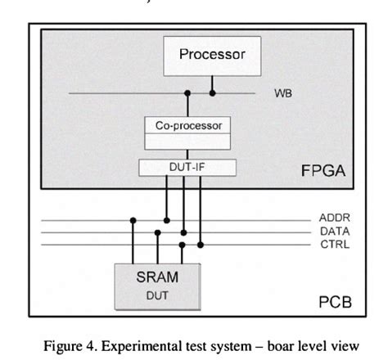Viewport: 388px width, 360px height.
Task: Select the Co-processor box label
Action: pos(187,126)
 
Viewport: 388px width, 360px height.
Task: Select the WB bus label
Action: pos(282,93)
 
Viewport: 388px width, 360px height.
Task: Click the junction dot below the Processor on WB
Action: pos(212,93)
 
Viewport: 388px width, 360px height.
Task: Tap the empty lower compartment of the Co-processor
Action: pos(187,142)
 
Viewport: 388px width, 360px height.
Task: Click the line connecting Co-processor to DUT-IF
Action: pos(187,155)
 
